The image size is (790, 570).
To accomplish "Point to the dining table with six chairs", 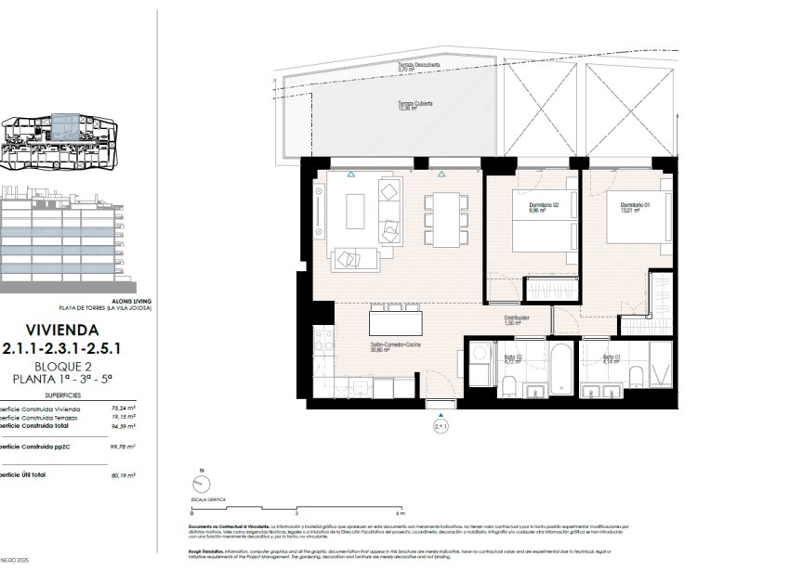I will [446, 218].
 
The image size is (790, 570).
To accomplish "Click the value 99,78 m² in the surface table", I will [121, 447].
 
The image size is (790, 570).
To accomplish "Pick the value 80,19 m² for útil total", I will [121, 474].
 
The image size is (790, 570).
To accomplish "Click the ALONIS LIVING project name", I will [128, 302].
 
